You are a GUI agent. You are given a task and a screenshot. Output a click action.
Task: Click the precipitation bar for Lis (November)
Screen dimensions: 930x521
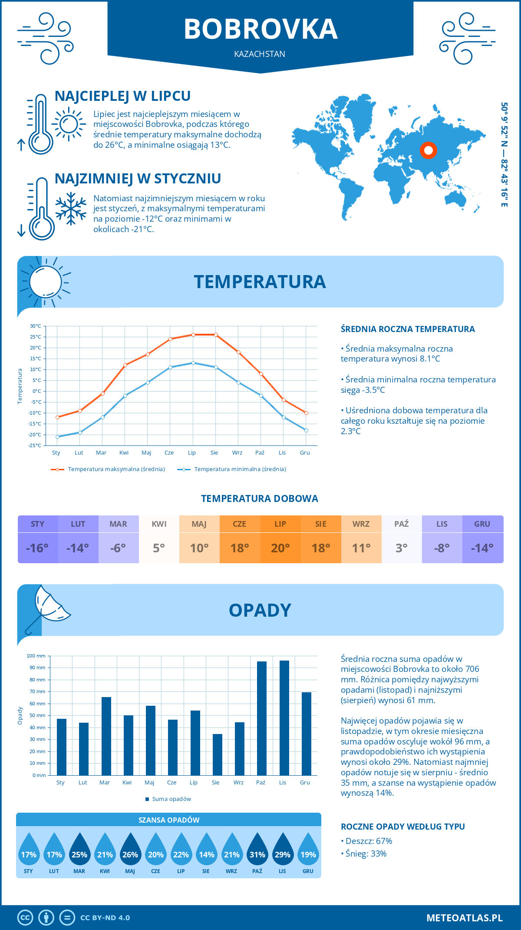click(x=284, y=718)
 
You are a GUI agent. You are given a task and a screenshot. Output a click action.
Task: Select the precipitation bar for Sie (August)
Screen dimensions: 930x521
click(x=218, y=754)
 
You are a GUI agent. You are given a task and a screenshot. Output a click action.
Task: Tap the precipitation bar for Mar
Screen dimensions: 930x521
click(x=106, y=736)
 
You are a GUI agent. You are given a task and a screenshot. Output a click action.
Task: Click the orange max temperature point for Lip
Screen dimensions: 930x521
click(x=193, y=335)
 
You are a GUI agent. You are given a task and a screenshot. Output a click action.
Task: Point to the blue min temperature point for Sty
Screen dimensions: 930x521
click(x=57, y=437)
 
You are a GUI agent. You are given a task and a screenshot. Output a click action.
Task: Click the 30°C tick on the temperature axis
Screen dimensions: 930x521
click(x=36, y=326)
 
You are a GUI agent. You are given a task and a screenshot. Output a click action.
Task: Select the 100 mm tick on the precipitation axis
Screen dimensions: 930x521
click(x=36, y=656)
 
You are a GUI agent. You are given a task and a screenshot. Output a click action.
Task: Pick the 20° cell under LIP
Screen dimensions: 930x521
click(x=280, y=548)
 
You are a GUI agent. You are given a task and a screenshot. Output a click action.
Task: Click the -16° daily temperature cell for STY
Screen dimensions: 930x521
click(x=37, y=548)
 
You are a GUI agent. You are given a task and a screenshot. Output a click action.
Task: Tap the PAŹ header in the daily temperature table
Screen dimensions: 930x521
click(x=401, y=524)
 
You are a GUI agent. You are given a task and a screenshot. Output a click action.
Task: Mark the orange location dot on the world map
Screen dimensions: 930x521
click(x=429, y=150)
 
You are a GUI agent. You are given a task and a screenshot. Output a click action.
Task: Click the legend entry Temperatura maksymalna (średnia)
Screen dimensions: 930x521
click(x=116, y=469)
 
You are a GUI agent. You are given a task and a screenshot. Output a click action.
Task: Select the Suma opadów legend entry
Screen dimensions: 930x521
click(x=171, y=799)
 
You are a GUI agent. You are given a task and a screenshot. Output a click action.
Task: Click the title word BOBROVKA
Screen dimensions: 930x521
click(x=260, y=29)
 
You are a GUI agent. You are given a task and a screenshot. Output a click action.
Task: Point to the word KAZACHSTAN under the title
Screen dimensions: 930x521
click(x=260, y=54)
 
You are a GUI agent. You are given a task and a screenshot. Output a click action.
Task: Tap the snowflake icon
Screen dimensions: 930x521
click(x=71, y=209)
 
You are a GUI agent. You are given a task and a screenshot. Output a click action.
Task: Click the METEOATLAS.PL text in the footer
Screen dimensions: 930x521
click(x=464, y=918)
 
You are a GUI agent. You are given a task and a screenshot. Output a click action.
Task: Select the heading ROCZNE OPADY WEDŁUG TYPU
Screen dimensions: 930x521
click(x=402, y=827)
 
